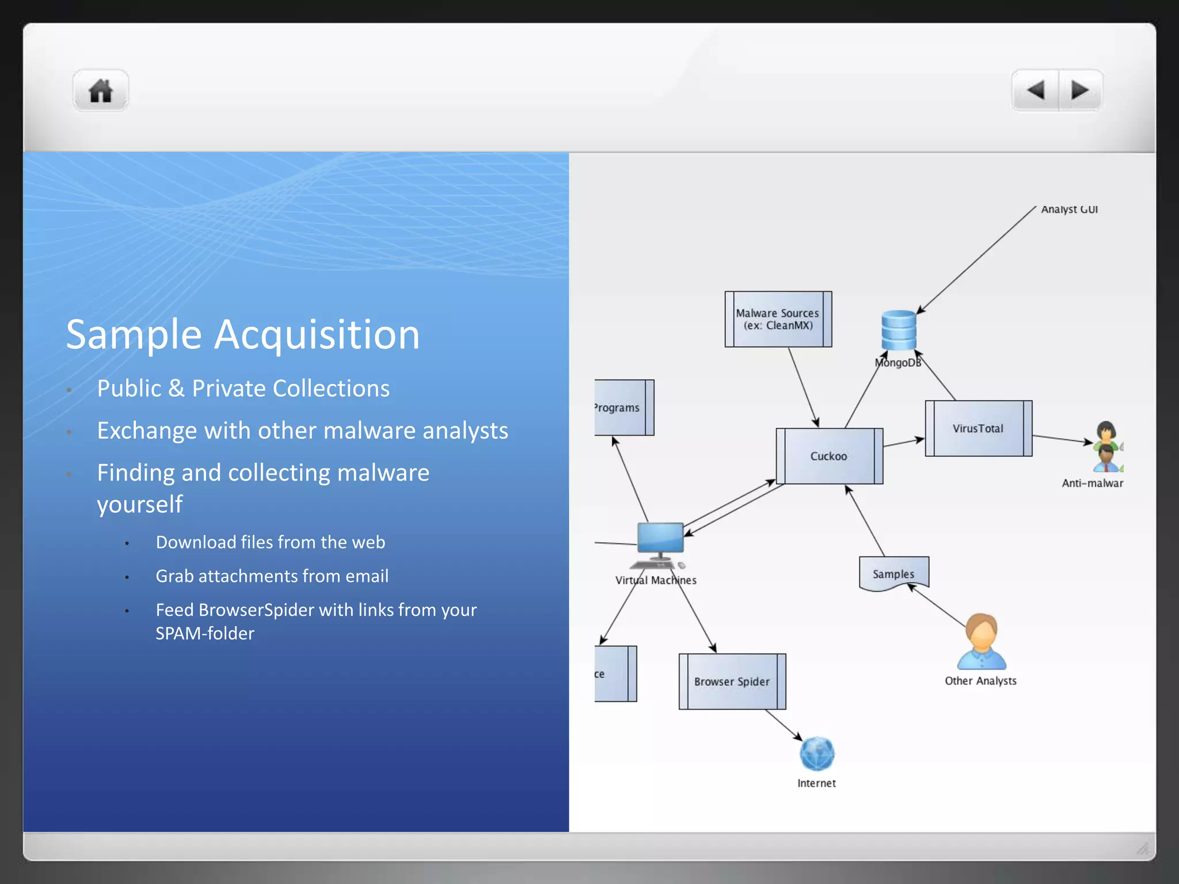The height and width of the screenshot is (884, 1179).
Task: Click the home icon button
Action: tap(101, 91)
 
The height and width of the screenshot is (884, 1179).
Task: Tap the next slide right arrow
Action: tap(1079, 90)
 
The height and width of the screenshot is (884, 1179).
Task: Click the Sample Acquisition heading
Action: tap(242, 334)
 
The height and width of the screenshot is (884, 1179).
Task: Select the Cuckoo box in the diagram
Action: tap(829, 456)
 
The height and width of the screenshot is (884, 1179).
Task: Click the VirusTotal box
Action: tap(978, 428)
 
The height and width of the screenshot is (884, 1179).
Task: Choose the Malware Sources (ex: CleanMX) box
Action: tap(778, 319)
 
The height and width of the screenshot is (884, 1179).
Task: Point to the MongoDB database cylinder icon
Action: tap(899, 330)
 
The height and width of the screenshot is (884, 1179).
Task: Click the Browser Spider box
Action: tap(732, 681)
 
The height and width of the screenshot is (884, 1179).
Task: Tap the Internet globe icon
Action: tap(817, 754)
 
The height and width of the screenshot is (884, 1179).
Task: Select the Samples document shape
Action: tap(893, 574)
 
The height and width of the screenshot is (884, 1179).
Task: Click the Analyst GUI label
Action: tap(1069, 209)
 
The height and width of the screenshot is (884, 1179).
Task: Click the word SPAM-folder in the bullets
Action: tap(205, 634)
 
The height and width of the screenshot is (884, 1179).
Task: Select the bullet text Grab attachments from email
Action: tap(272, 576)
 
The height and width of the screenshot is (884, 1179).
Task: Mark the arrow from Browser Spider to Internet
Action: tap(784, 725)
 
